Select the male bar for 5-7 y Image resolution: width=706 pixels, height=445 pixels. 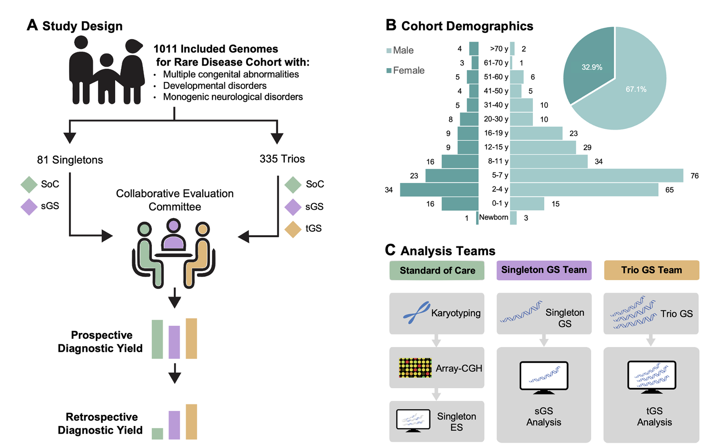(x=596, y=175)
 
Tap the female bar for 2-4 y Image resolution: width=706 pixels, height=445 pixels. (x=439, y=190)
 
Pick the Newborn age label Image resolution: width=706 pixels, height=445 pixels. (x=494, y=217)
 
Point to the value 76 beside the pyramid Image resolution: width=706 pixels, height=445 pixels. (x=694, y=176)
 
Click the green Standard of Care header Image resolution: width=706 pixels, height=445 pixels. (x=437, y=271)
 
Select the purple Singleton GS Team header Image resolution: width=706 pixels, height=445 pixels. (x=544, y=270)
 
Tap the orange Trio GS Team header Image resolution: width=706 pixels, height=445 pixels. (x=651, y=270)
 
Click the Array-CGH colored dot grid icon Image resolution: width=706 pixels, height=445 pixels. (x=415, y=368)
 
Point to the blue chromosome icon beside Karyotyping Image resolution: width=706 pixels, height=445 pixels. (x=416, y=313)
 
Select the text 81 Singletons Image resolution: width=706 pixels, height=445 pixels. (x=70, y=160)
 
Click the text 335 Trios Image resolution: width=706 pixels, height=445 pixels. (x=282, y=159)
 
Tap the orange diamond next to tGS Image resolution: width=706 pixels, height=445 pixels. (x=293, y=229)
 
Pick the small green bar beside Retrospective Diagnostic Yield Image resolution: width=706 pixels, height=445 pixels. (x=157, y=433)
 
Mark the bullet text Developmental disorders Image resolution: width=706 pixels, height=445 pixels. (x=215, y=86)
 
